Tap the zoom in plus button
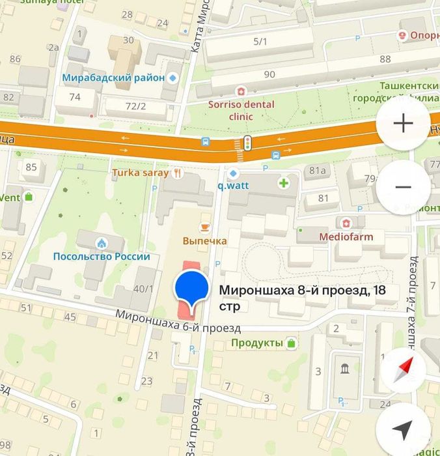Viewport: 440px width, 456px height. (403, 124)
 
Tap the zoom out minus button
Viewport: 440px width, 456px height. (403, 188)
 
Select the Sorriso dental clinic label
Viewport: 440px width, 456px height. (241, 110)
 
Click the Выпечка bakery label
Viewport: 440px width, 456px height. (204, 241)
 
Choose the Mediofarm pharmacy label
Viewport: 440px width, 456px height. (346, 236)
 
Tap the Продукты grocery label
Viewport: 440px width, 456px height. (257, 343)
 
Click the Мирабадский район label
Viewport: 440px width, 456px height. (113, 78)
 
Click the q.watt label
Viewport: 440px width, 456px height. (234, 184)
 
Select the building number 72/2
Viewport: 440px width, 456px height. (135, 106)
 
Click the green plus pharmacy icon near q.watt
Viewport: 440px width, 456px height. (284, 183)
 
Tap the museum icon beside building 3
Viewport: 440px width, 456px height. (343, 369)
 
